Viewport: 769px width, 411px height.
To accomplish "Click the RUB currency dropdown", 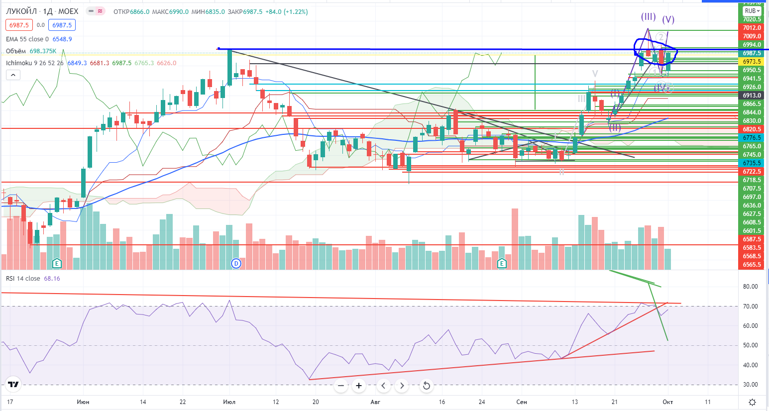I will click(752, 11).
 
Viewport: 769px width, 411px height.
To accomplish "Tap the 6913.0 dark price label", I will click(752, 96).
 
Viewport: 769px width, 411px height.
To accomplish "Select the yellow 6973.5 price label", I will click(752, 62).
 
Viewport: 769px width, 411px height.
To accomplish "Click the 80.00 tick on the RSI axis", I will click(750, 287).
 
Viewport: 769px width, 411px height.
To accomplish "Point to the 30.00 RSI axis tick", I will click(750, 385).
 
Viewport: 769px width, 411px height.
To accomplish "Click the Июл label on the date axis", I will click(229, 402).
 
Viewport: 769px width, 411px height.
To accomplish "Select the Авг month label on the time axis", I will click(375, 402).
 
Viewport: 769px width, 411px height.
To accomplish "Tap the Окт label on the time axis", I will click(667, 402).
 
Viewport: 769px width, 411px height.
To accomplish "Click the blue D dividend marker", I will click(236, 263).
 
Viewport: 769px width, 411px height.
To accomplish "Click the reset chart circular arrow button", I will click(426, 386).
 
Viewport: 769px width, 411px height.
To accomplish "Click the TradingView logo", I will click(13, 384).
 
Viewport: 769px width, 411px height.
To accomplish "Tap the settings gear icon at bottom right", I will click(752, 402).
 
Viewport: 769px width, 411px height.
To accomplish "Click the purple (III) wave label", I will click(648, 17).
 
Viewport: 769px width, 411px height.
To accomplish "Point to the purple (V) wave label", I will click(668, 19).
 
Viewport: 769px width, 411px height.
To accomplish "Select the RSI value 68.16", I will click(52, 279).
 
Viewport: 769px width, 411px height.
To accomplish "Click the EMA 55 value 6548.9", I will click(62, 39).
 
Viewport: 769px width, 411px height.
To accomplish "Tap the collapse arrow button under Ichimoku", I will click(13, 75).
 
